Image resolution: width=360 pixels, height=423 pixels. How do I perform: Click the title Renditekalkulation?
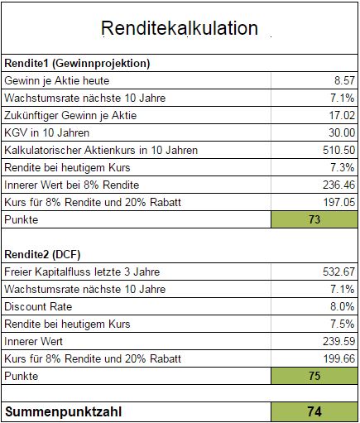pos(180,28)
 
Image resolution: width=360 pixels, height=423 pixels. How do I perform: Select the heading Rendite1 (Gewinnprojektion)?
pos(77,64)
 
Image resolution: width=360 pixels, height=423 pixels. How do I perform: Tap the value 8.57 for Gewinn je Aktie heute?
pos(344,80)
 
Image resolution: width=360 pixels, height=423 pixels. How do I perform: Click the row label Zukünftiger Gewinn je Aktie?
pos(70,116)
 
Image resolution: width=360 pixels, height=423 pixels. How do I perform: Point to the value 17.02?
pos(342,115)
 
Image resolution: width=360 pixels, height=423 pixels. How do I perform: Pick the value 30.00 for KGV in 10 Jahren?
pos(342,132)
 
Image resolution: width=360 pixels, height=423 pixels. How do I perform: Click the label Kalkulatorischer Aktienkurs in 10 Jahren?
pos(101,151)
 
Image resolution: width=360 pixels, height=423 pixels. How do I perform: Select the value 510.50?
pos(339,150)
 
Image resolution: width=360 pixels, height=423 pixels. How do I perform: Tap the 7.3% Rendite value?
pos(343,167)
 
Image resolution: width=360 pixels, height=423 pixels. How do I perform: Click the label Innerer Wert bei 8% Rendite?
pos(72,185)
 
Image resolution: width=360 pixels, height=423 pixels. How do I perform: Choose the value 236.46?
pos(339,185)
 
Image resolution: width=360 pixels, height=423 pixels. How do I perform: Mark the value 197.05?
pos(339,202)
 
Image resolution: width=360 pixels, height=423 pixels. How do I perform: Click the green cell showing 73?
pos(314,219)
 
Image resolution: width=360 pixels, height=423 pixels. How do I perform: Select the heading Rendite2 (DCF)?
pos(42,254)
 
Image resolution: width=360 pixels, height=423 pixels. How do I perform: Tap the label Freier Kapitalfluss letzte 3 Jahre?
pos(82,272)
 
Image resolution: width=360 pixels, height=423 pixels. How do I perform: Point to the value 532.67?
pos(339,272)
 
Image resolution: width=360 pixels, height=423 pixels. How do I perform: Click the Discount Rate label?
pos(38,306)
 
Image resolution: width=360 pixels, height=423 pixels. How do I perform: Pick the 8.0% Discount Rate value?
pos(343,306)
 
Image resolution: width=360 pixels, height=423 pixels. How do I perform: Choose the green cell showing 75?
pos(314,376)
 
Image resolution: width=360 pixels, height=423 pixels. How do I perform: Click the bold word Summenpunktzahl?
pos(63,411)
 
